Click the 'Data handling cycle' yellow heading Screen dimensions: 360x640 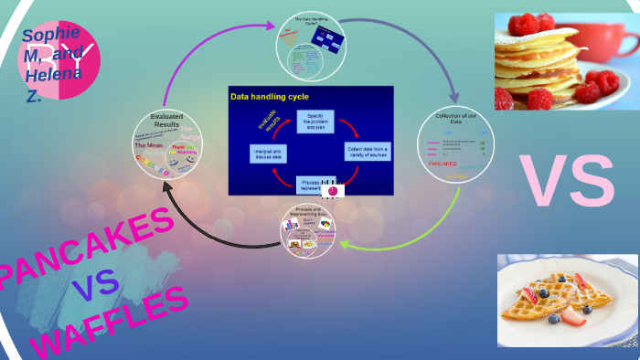coord(269,96)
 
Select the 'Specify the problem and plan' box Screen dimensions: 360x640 coord(315,121)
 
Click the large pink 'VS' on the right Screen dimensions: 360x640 coord(567,181)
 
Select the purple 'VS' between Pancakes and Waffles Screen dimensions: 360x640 coord(95,283)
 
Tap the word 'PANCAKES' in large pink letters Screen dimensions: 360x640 coord(87,248)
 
